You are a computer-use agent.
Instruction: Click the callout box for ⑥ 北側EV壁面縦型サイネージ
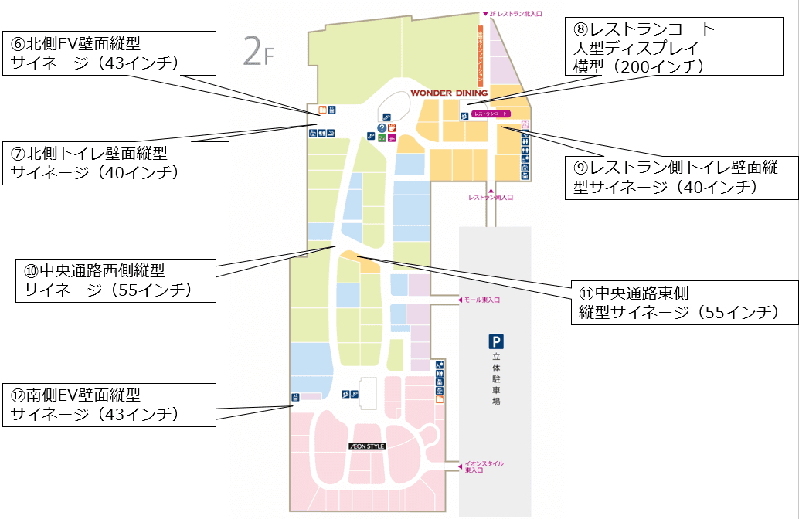click(x=107, y=53)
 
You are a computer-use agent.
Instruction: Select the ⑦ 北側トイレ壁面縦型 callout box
click(x=116, y=163)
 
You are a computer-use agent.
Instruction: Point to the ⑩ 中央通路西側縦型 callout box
click(x=115, y=280)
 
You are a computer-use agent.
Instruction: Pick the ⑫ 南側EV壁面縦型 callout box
click(x=107, y=405)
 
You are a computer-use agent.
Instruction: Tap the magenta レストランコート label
click(x=490, y=114)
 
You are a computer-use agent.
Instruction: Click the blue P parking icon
click(x=495, y=341)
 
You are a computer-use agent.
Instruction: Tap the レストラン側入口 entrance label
click(x=490, y=197)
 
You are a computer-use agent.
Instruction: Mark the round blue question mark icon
click(x=381, y=127)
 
